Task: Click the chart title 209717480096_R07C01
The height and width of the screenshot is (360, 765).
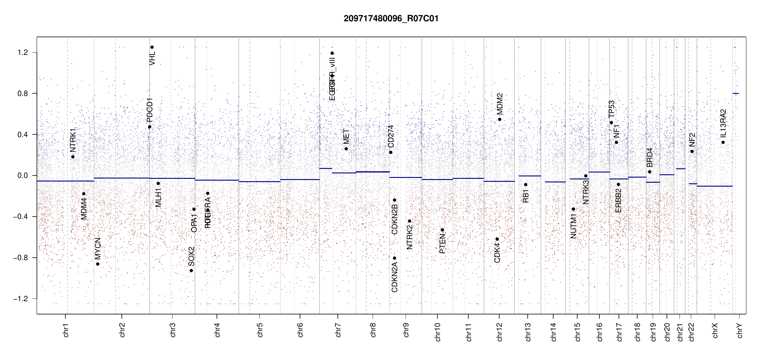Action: pos(391,19)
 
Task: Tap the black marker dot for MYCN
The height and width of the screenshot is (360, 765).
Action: pos(98,264)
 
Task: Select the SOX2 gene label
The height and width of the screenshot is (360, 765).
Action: pos(191,256)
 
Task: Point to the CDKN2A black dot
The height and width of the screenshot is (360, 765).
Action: pos(394,258)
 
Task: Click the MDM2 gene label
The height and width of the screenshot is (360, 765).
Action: pos(499,104)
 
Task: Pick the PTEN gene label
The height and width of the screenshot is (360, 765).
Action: pos(442,244)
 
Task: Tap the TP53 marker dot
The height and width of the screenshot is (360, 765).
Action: pos(611,122)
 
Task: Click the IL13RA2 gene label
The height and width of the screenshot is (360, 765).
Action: pos(723,122)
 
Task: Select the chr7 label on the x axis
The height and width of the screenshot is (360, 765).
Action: pos(338,330)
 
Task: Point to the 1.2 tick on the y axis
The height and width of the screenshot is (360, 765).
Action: pos(22,52)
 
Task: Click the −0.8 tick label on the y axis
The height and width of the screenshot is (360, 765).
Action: pos(20,258)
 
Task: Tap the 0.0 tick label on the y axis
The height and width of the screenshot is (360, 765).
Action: pos(22,175)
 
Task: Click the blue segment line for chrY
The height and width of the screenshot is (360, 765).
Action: pos(736,93)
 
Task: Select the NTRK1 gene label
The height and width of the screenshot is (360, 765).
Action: pos(73,140)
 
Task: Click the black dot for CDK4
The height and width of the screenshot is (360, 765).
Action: pos(497,239)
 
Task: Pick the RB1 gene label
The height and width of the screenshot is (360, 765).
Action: pos(526,196)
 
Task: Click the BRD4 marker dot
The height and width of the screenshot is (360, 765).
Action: pos(649,172)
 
